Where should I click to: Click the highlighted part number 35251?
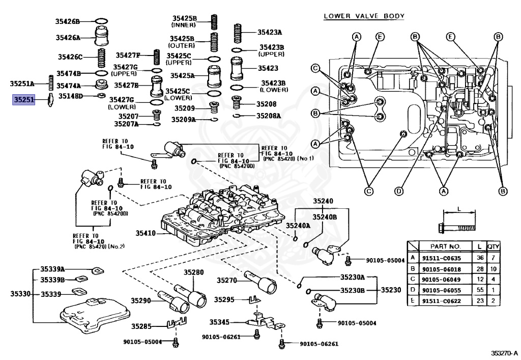(24, 99)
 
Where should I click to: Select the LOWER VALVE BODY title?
(364, 16)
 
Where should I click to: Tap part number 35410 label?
(146, 233)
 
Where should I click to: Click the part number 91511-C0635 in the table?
(442, 258)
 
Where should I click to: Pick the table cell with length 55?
(480, 290)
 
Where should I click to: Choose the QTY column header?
(493, 246)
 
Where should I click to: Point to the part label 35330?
(20, 293)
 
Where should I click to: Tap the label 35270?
(227, 281)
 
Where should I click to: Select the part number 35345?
(219, 322)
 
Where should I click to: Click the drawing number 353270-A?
(505, 353)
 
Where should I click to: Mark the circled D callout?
(399, 191)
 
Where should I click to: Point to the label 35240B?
(324, 217)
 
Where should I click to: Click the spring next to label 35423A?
(237, 33)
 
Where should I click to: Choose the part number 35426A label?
(68, 38)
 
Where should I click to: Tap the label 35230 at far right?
(391, 290)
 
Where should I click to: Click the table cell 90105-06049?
(442, 280)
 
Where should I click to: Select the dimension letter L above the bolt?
(459, 209)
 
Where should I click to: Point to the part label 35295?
(224, 299)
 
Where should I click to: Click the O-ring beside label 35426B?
(102, 21)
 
